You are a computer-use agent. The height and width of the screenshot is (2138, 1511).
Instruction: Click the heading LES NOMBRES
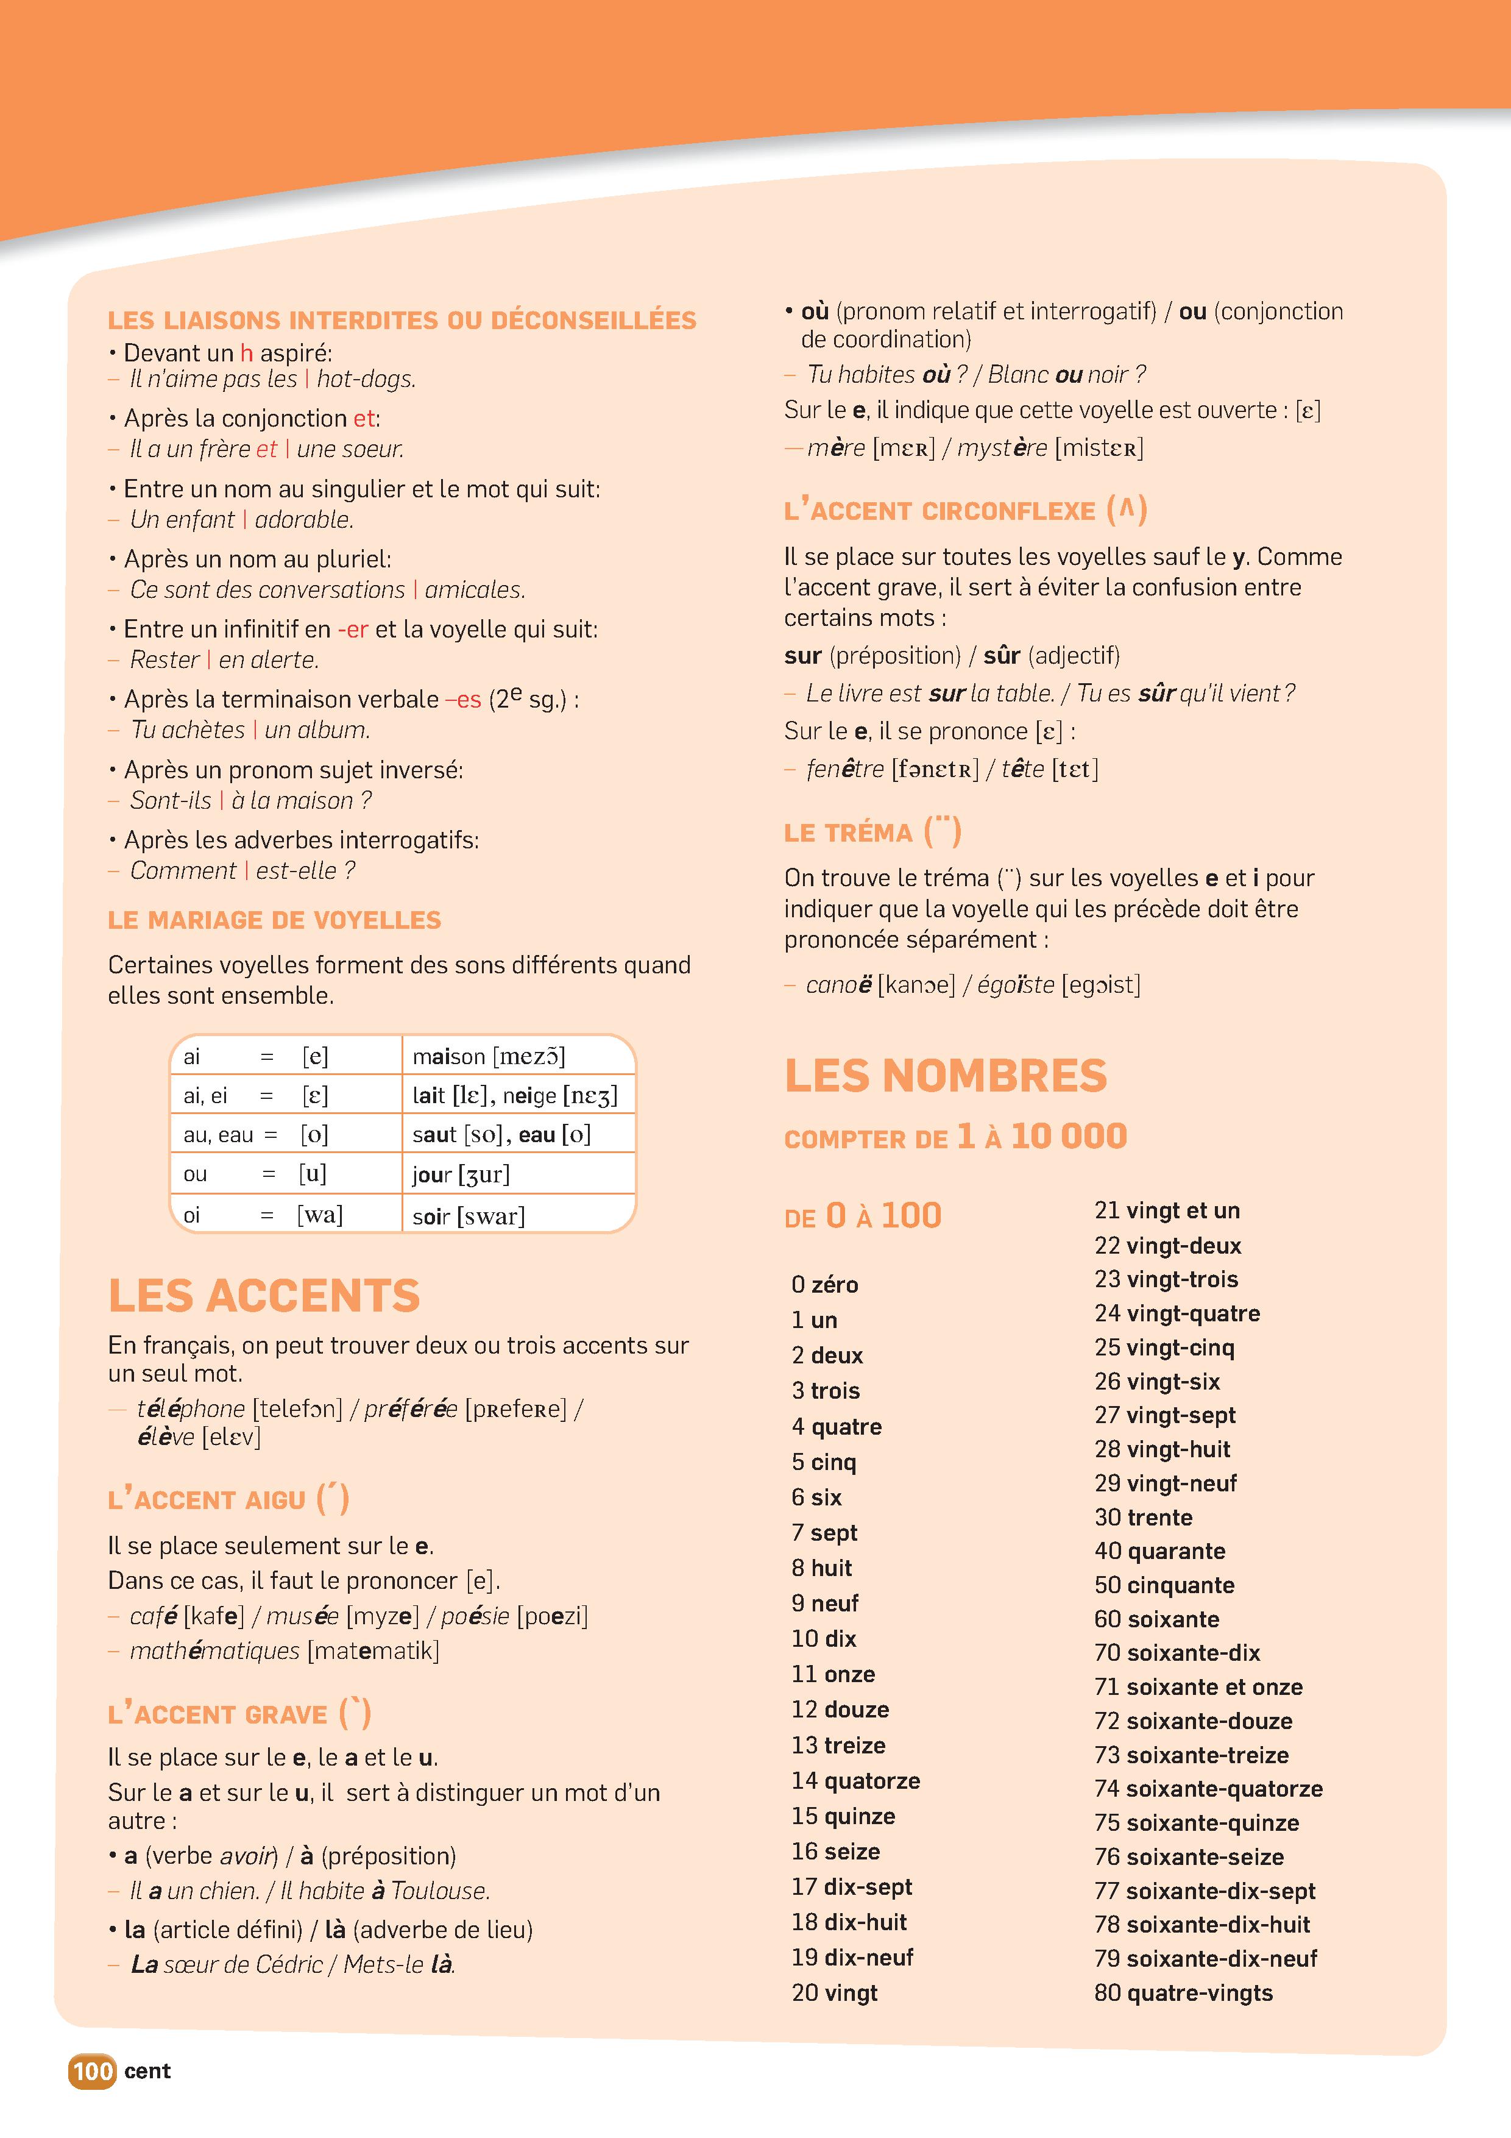point(946,1076)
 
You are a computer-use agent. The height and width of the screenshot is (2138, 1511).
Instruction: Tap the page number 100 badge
point(92,2071)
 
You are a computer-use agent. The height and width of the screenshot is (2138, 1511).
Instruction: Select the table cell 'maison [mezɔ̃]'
point(489,1056)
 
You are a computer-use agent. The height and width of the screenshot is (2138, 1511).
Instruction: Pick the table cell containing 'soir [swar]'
point(469,1215)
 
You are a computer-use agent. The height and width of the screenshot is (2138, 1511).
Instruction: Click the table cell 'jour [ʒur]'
point(461,1174)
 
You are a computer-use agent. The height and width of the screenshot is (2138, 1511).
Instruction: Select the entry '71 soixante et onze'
point(1198,1686)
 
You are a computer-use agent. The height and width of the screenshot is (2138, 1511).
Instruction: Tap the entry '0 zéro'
point(825,1284)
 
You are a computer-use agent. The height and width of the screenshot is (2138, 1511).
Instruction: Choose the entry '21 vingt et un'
point(1167,1210)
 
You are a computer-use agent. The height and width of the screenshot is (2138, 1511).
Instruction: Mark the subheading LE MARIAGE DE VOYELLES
point(275,920)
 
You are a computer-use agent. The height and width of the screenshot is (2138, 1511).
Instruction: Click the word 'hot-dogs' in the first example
point(365,379)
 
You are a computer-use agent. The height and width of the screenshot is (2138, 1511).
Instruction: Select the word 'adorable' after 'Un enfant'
point(303,520)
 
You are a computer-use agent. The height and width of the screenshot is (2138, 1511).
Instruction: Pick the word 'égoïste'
point(1016,984)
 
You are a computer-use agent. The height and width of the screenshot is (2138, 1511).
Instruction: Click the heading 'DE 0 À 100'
point(863,1215)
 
